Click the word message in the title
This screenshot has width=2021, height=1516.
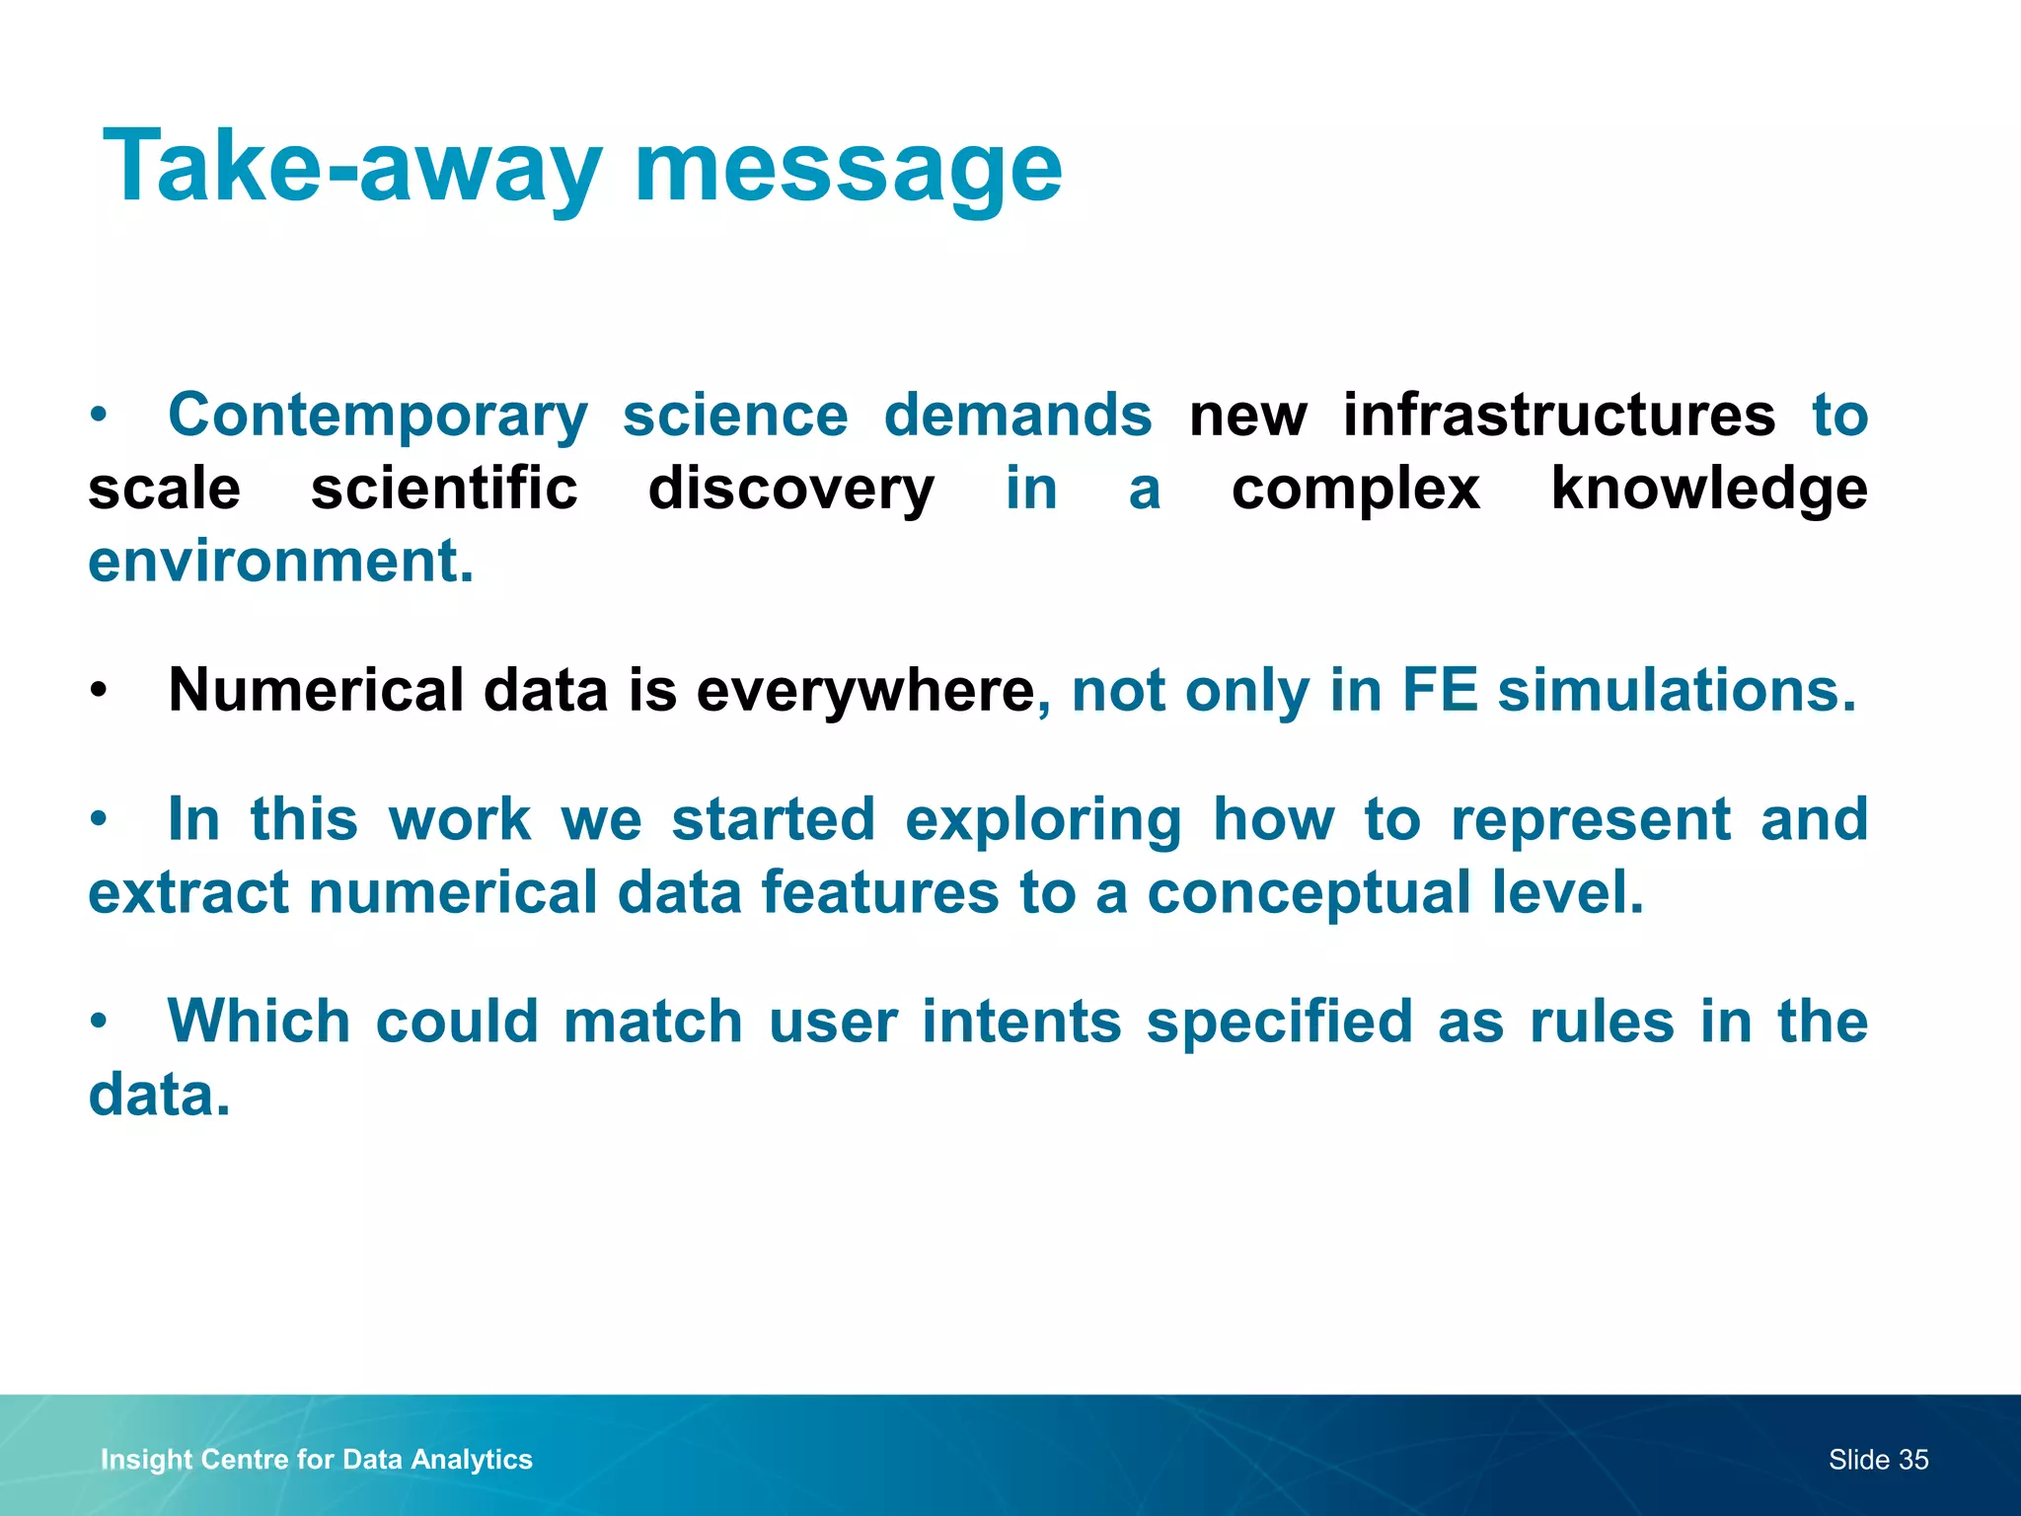[x=848, y=168]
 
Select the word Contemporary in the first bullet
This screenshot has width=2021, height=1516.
[x=378, y=416]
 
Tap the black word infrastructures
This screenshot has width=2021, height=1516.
[x=1559, y=415]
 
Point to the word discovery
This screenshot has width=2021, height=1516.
[x=790, y=489]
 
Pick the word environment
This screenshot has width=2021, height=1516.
[x=280, y=562]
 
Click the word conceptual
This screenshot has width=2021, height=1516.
[x=1309, y=892]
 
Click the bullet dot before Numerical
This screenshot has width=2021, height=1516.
[x=97, y=691]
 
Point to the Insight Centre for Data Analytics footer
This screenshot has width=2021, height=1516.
[x=316, y=1459]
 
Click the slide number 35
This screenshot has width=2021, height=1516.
[x=1912, y=1460]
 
